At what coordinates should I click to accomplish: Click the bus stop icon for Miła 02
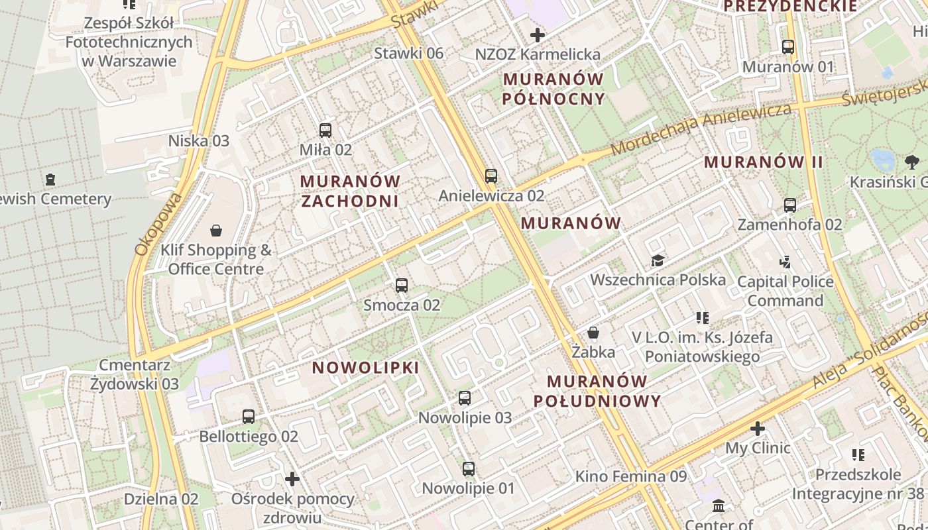325,130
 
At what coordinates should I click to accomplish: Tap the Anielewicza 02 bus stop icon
491,176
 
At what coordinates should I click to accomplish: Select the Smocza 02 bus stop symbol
401,286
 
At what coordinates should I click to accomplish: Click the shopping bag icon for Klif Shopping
215,231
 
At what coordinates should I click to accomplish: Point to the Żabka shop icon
593,333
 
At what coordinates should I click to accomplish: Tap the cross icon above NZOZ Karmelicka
537,35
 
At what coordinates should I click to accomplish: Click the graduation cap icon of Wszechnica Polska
657,260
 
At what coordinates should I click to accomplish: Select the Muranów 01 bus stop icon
787,47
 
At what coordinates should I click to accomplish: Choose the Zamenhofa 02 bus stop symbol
789,205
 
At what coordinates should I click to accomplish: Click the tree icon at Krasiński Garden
912,162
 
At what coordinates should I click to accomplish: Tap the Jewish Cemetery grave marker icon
50,179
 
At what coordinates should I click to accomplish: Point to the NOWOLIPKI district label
365,368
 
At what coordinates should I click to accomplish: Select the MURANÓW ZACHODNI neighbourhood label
350,191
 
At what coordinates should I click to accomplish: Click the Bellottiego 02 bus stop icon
248,417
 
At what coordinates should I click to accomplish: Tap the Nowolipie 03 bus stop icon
465,398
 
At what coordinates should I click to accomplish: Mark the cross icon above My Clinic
757,429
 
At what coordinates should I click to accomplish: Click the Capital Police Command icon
785,262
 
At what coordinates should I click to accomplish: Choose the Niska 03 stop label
198,140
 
